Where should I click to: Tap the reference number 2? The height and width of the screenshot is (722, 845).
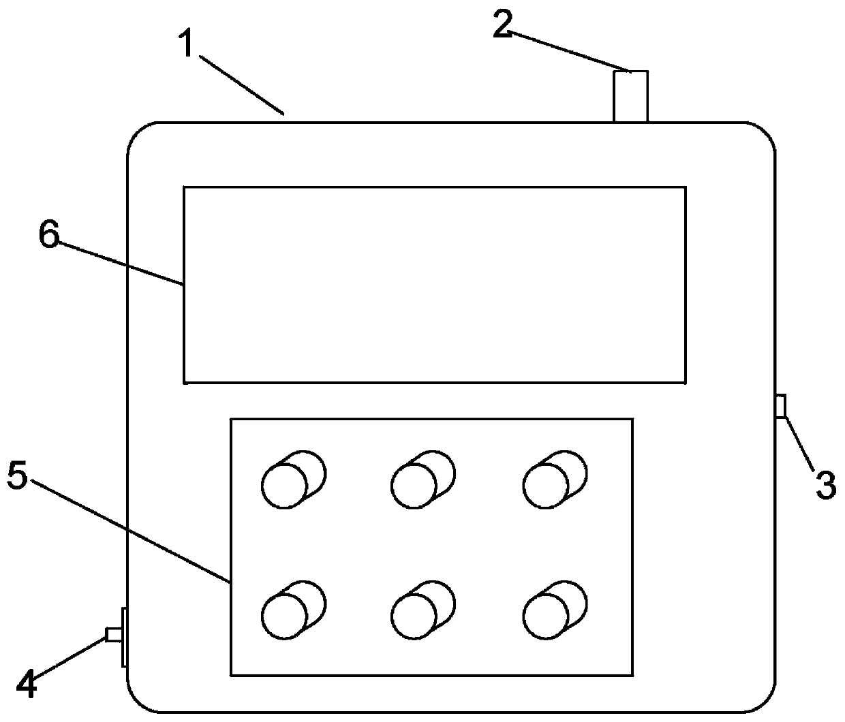pyautogui.click(x=503, y=26)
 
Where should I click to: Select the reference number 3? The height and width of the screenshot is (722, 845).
pyautogui.click(x=825, y=485)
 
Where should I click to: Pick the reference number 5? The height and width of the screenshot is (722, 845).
pyautogui.click(x=18, y=476)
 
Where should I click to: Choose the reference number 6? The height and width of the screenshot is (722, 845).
pyautogui.click(x=49, y=236)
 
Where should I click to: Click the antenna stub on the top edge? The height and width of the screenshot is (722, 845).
pyautogui.click(x=630, y=96)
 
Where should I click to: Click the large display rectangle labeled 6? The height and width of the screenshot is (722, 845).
pyautogui.click(x=434, y=284)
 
